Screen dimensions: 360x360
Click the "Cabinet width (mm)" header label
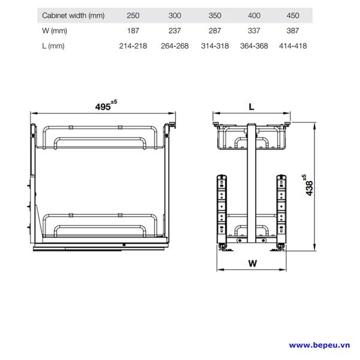tap(73, 16)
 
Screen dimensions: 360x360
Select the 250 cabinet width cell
tap(133, 16)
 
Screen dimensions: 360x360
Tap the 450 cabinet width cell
tap(293, 16)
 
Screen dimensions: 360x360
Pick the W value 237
tap(175, 31)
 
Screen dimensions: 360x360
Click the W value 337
tap(254, 31)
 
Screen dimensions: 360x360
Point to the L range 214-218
tap(133, 46)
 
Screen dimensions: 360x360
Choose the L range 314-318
tap(215, 46)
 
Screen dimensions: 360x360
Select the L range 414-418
tap(293, 46)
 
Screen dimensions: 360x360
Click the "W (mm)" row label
tap(55, 31)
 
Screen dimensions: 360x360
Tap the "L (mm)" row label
tap(53, 46)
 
